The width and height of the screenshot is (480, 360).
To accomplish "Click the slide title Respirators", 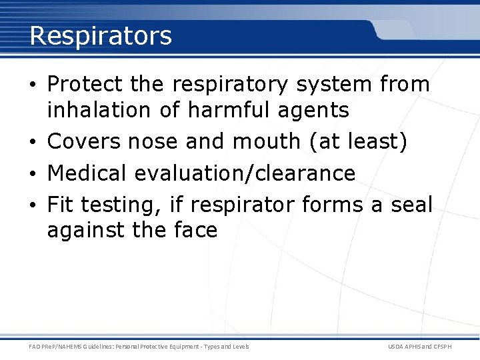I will point(101,35).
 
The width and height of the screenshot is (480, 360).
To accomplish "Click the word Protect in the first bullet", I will point(85,85).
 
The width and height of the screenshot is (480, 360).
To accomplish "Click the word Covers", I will point(84,141).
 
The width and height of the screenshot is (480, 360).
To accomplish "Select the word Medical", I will point(88,173).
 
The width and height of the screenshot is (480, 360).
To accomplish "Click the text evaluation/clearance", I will point(245,173).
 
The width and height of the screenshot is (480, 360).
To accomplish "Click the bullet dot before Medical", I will point(33,174).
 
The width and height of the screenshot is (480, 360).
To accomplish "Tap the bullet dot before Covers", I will point(33,142).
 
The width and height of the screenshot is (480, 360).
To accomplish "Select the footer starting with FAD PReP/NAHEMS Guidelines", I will point(139,347).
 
